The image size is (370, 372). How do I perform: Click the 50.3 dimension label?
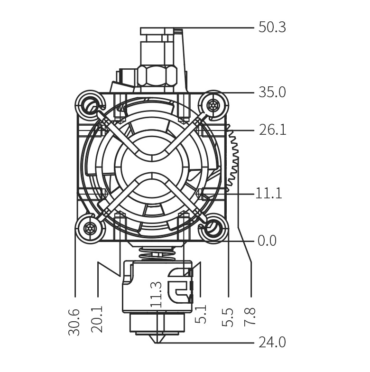click(272, 28)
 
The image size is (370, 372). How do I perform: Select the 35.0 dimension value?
click(272, 92)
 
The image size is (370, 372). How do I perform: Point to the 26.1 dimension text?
click(272, 130)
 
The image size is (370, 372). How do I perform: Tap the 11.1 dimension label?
click(268, 193)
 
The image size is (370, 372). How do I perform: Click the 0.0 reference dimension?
click(267, 241)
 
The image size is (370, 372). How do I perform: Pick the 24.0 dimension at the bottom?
click(272, 343)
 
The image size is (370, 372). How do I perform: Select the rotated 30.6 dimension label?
click(74, 322)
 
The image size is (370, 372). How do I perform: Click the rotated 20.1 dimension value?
click(97, 319)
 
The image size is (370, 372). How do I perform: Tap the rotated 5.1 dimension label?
click(201, 314)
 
